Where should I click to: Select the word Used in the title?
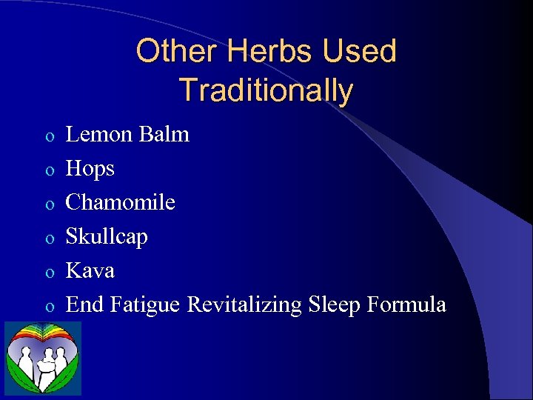click(363, 52)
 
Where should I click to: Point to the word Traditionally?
click(266, 90)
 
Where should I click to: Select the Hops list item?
click(90, 169)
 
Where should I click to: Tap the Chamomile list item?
click(121, 202)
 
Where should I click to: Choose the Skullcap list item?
click(107, 237)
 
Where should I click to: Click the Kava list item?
click(90, 270)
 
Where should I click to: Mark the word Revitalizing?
click(244, 304)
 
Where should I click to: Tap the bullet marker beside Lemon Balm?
click(48, 137)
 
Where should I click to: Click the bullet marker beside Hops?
click(48, 171)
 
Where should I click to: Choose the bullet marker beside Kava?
click(48, 273)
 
